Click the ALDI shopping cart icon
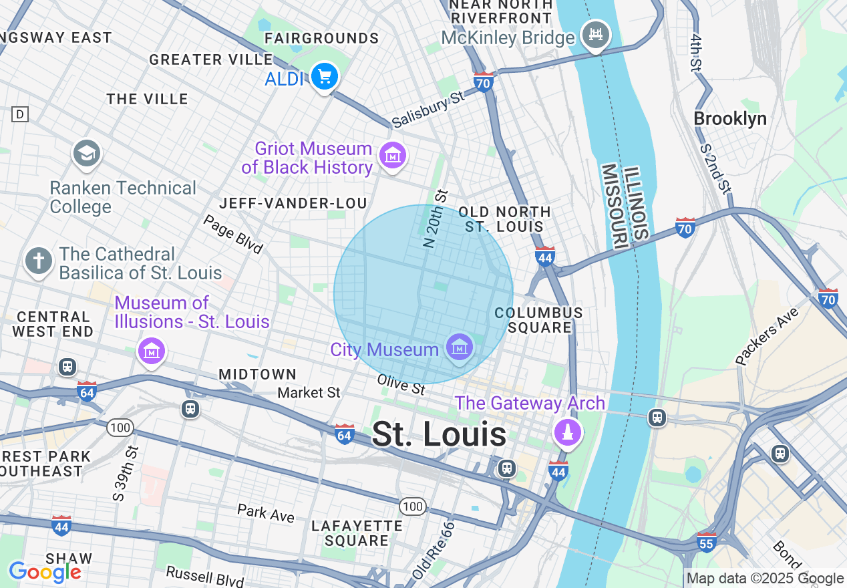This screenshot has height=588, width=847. click(325, 77)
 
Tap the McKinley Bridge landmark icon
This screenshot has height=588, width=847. click(595, 33)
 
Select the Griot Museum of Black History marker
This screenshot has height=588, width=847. click(392, 156)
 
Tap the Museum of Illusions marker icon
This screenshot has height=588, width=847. click(151, 349)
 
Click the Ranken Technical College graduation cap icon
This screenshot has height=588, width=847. click(86, 154)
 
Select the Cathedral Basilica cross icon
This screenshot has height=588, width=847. click(39, 261)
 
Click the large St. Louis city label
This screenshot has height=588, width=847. click(439, 434)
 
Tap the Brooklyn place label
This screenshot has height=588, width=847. click(729, 119)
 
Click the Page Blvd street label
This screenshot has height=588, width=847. click(233, 234)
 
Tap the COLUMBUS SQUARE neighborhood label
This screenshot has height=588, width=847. click(538, 320)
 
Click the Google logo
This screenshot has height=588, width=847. click(45, 572)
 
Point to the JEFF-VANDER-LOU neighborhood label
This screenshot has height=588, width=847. click(293, 203)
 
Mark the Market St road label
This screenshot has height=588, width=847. click(309, 392)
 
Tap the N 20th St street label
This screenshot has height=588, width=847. click(435, 218)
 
